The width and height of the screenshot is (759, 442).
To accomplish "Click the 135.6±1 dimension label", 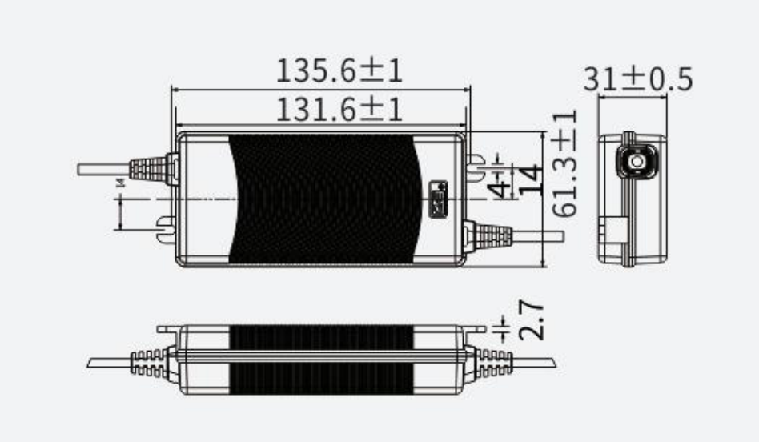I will pos(339,71).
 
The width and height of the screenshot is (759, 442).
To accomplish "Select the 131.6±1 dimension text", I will pos(339,109).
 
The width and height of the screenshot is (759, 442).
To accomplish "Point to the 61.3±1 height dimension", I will pos(566,163).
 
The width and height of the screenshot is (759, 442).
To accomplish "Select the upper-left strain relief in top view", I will pos(152,167).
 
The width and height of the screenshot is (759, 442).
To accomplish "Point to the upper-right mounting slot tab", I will pos(476,165).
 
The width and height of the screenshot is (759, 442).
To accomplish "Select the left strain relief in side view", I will pos(148,362).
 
